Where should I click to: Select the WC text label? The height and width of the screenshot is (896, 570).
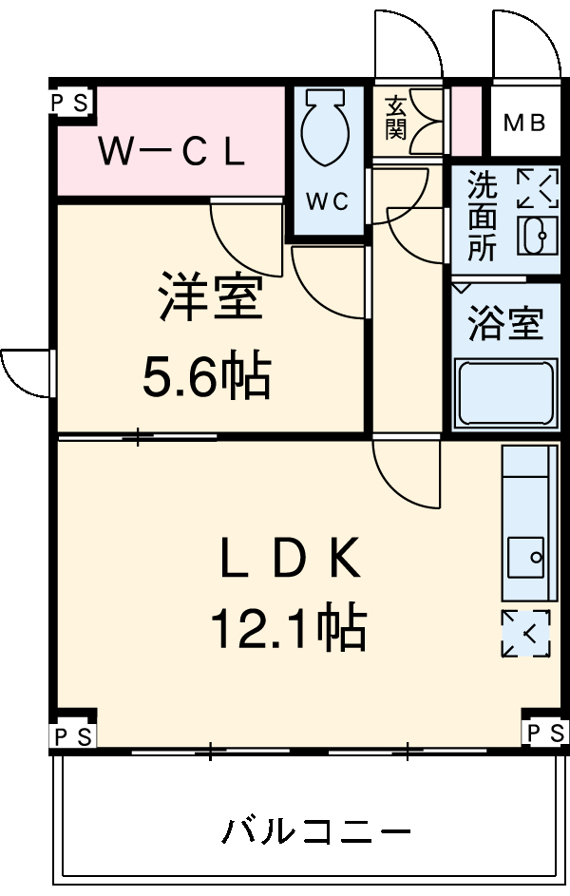coord(327,201)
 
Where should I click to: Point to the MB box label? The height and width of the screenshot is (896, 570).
coord(524,123)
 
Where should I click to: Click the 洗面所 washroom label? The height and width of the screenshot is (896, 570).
coord(482,216)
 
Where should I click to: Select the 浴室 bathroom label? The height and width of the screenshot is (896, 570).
coord(505,324)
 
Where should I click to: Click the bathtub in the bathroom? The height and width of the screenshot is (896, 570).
coord(505,391)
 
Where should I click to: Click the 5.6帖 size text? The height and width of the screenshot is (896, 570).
coord(207,377)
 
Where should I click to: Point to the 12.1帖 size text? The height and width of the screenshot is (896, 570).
coord(289,627)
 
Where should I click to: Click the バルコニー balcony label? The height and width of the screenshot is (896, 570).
coord(316,831)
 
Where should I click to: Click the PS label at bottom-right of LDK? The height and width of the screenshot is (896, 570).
coord(545,732)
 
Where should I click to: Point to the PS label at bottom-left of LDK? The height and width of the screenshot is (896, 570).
coord(73,735)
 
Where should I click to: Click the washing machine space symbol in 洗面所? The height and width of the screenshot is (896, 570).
coord(538,187)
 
